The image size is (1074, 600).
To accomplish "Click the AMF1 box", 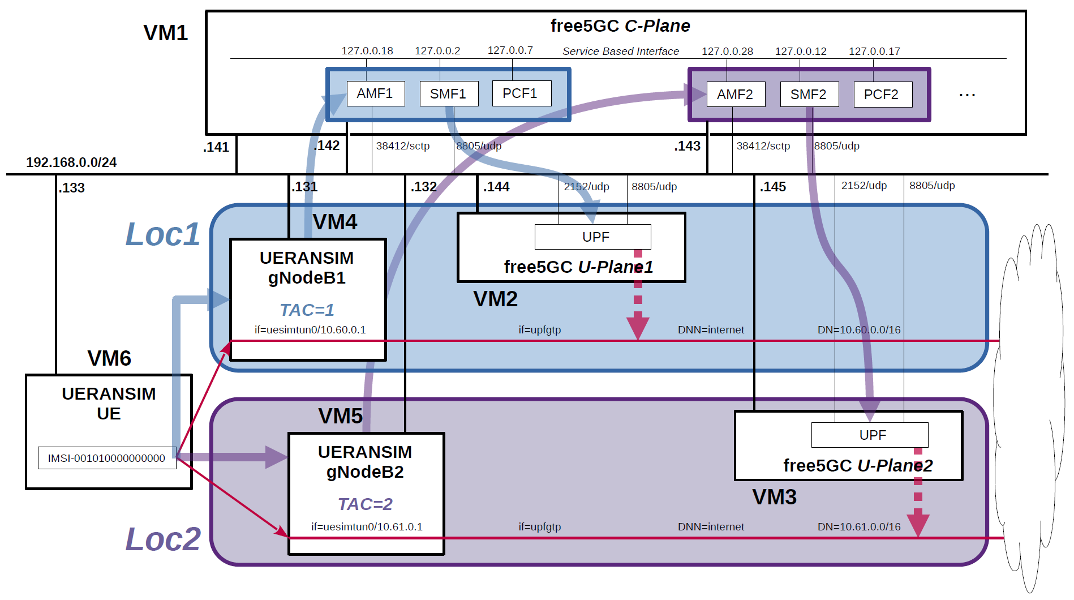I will (x=375, y=93).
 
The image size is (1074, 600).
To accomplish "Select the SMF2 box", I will (x=809, y=95).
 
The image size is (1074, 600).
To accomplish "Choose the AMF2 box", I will (x=735, y=95).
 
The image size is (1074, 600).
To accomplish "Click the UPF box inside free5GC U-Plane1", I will (x=592, y=237).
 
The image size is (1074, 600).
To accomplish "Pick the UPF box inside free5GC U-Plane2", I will (x=869, y=435).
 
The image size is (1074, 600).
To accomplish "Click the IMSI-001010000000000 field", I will (x=107, y=458).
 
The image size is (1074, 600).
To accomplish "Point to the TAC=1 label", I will (x=307, y=310).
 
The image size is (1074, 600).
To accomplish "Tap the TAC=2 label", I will (x=365, y=504).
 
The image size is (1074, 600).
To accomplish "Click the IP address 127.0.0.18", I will (x=367, y=51).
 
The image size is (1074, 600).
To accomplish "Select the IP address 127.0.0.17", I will (x=874, y=52).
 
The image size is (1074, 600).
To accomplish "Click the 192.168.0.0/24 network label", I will (x=71, y=162).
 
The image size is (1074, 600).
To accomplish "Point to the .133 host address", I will (x=72, y=188).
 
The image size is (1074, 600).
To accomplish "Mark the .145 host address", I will (x=773, y=187).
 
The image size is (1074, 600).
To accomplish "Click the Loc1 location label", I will (x=162, y=234).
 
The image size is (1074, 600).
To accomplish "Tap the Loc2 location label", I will (x=163, y=539).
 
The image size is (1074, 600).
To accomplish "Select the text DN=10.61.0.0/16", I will (x=858, y=527).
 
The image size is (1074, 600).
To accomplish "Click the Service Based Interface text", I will (x=620, y=52).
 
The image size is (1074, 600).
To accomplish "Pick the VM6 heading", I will (x=109, y=358).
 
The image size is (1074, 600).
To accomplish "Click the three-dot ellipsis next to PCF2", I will (x=967, y=95).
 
